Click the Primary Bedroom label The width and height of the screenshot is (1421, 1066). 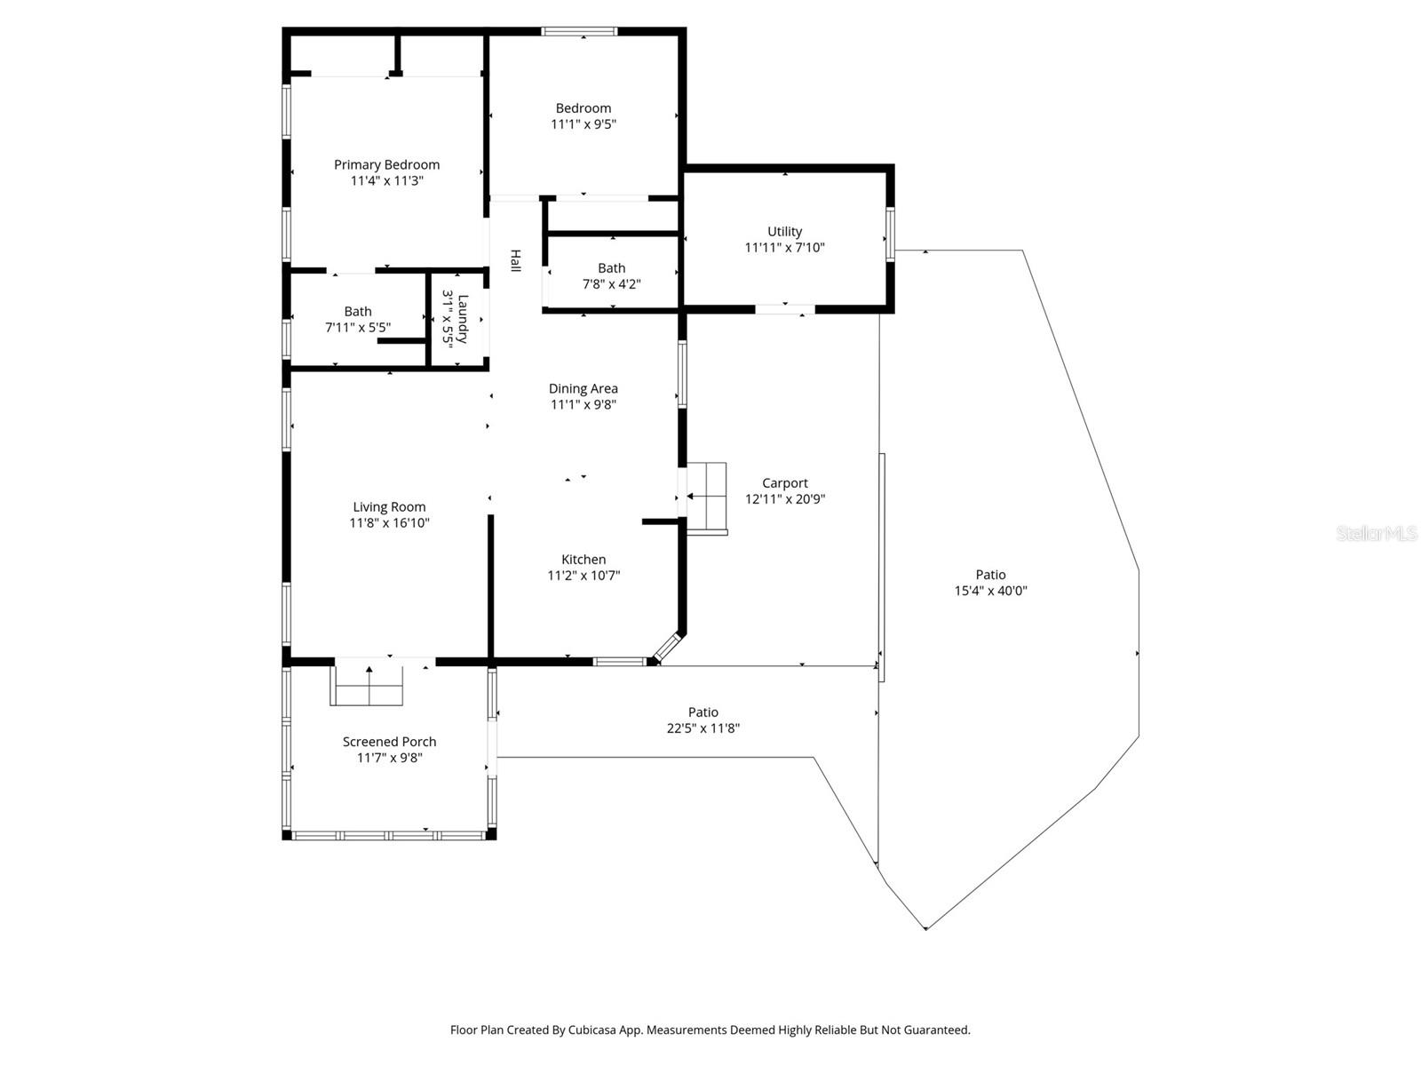pos(386,164)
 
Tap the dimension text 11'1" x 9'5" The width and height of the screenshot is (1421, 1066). pos(583,124)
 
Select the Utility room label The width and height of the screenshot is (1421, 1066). pos(784,232)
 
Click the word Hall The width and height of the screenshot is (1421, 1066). pos(515,260)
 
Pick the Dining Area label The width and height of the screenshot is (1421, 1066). pos(583,388)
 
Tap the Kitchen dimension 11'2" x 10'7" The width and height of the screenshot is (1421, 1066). pos(583,576)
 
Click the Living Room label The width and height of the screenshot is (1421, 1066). pos(389,507)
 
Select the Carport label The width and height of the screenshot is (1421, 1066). pos(784,483)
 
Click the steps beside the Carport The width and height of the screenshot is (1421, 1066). pos(707,497)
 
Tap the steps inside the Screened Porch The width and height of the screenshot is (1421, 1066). pos(368,685)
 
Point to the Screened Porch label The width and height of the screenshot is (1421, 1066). pos(389,742)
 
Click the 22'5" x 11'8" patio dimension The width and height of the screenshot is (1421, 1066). pos(703,728)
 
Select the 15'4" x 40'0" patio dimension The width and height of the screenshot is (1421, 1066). pos(990,591)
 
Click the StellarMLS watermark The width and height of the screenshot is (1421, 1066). pos(1377,534)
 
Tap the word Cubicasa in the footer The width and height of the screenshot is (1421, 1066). pos(608,1030)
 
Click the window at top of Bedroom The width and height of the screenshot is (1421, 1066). pos(579,32)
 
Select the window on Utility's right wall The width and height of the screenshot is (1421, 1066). pos(890,235)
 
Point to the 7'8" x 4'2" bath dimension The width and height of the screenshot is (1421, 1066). pos(611,284)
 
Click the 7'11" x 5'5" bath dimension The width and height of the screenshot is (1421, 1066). pos(357,328)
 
